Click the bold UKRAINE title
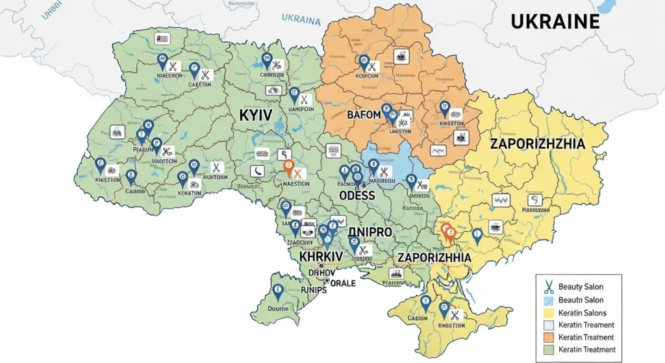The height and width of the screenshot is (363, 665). pos(555,21)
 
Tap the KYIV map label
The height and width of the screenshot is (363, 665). pos(255,118)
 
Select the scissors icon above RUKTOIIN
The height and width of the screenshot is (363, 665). pos(217,167)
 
